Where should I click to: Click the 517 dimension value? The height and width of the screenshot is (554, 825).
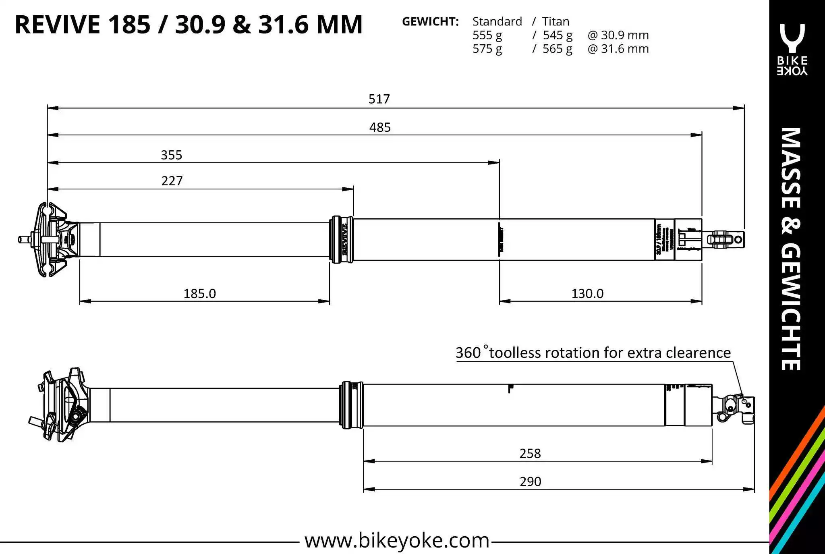coord(379,99)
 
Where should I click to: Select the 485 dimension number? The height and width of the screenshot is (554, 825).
coord(380,127)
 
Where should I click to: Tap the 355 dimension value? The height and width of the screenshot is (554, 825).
coord(172,155)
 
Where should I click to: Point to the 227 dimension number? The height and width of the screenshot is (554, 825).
coord(172,181)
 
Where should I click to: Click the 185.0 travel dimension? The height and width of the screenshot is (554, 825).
coord(200,294)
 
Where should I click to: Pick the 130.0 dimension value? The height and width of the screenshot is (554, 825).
coord(587,294)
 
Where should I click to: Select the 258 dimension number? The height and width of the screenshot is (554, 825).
coord(530,454)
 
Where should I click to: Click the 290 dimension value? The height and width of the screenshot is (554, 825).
coord(530,482)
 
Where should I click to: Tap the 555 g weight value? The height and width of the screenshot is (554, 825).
coord(487,35)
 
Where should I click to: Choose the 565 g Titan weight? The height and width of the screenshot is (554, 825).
coord(557,49)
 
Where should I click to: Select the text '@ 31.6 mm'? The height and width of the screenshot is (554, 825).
coord(618,49)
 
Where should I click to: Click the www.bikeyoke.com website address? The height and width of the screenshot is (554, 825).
coord(397,540)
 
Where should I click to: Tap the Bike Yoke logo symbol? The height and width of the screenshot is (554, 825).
coord(792,38)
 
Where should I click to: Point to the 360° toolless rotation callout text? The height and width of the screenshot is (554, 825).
coord(593,353)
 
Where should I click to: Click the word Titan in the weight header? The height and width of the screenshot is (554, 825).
coord(556,22)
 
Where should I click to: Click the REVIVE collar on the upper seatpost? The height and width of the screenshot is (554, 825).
coord(342,240)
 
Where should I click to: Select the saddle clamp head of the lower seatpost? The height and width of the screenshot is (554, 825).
coord(62,405)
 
